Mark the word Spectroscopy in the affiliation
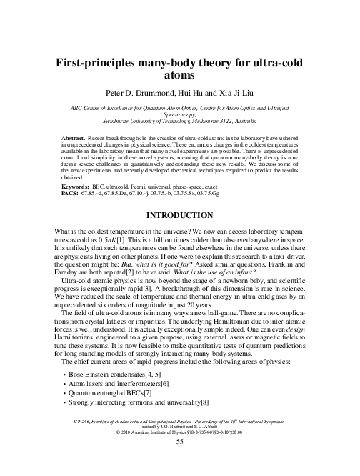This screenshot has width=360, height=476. pyautogui.click(x=179, y=115)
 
